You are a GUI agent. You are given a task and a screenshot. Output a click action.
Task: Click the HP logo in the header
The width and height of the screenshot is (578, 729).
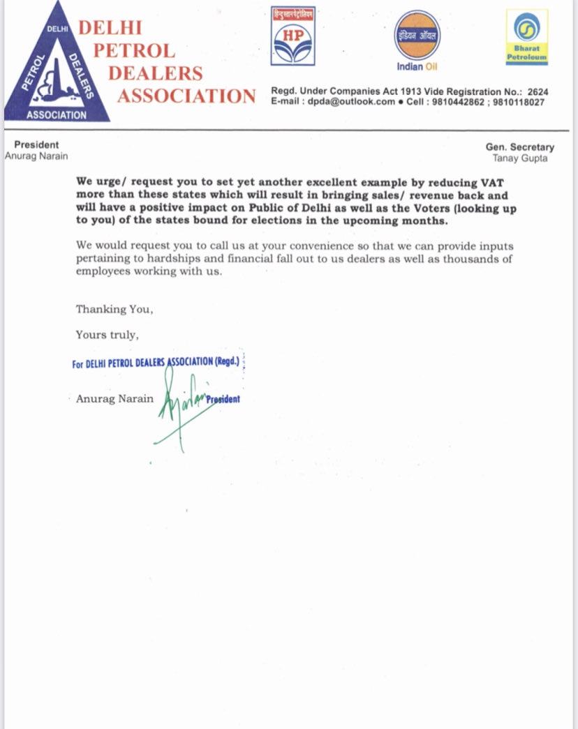[292, 37]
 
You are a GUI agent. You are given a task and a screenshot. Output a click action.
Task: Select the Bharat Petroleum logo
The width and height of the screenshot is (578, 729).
[527, 38]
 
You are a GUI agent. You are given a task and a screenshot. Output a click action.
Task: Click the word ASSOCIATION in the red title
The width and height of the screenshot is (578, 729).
[186, 96]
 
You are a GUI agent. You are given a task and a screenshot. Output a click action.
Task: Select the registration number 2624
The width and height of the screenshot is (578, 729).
[538, 91]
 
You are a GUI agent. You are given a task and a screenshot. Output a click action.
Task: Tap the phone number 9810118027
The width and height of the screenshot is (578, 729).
[519, 102]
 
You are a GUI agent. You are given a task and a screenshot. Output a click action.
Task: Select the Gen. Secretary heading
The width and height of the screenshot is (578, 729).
[520, 147]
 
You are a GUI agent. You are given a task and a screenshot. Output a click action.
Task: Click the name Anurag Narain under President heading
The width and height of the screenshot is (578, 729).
[36, 156]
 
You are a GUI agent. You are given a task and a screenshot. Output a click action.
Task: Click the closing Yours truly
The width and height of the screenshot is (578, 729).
[107, 334]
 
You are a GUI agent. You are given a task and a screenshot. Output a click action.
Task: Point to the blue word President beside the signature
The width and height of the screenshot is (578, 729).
[223, 399]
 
